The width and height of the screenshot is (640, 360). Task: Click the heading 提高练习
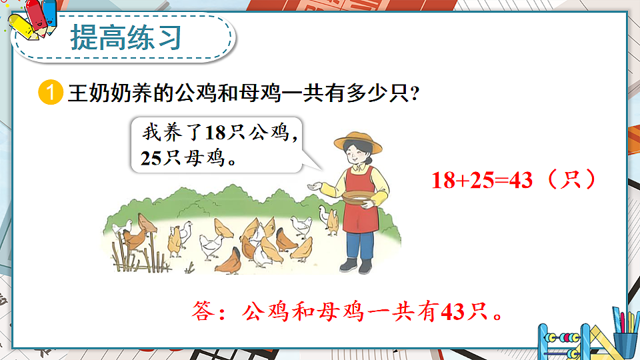[x=126, y=38]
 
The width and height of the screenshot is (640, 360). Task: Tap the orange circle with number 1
[x=51, y=93]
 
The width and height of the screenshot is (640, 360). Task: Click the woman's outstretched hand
[x=311, y=185]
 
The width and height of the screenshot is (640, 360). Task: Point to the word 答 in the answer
[x=201, y=311]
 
